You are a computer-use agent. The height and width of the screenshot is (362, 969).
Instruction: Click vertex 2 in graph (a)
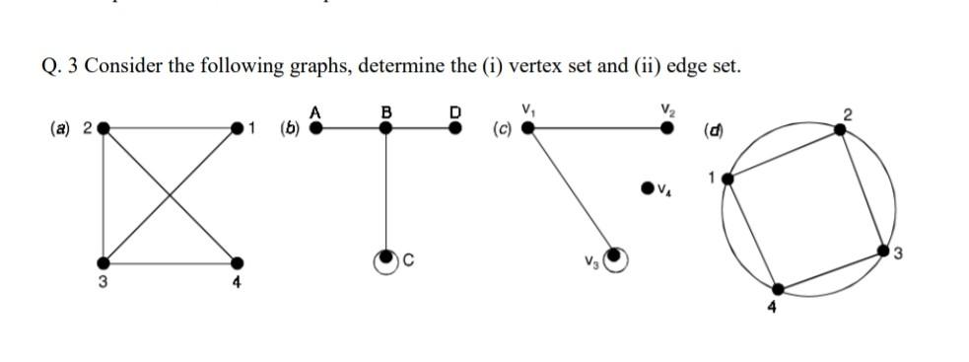coord(103,127)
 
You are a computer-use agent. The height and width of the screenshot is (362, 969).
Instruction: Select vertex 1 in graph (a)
coord(237,127)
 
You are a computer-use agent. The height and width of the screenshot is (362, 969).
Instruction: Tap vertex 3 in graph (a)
coord(103,262)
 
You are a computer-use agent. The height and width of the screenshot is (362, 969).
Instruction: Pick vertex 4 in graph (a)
coord(237,262)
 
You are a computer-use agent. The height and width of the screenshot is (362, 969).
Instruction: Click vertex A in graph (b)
coord(316,127)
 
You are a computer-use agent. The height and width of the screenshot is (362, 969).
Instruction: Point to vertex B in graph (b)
coord(385,127)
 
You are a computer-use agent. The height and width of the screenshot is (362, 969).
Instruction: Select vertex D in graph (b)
coord(454,127)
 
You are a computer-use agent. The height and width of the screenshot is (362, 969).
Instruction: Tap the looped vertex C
coord(385,258)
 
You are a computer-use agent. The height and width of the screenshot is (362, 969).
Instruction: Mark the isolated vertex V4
coord(647,184)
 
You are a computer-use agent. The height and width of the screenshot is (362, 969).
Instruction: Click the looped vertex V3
coord(614,256)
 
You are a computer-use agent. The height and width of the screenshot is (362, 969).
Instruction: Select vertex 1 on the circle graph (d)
coord(728,180)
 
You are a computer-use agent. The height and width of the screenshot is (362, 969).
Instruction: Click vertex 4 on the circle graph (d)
coord(778,290)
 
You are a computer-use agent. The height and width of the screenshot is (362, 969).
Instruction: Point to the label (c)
coord(501,128)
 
